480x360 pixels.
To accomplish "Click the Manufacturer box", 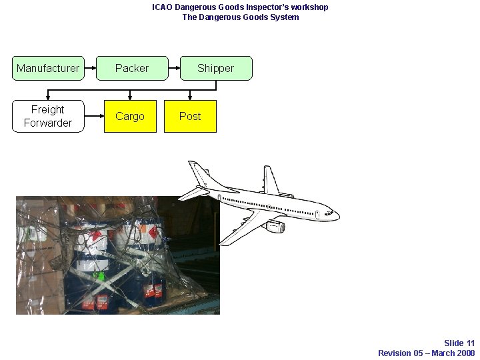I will click(x=48, y=68).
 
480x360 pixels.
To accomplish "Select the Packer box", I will click(x=132, y=68).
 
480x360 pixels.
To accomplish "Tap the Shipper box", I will click(x=215, y=68).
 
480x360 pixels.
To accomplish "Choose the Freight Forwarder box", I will click(x=48, y=116).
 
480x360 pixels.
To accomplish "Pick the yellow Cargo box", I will click(x=130, y=116).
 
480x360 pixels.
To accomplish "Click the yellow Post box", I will click(x=190, y=116).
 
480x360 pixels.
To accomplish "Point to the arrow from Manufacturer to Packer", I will click(x=91, y=68).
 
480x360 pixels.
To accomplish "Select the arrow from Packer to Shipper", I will click(x=174, y=68).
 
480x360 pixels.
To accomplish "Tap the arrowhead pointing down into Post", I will click(x=190, y=97).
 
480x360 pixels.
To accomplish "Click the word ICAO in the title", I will click(x=162, y=7).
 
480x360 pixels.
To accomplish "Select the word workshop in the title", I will click(x=311, y=7).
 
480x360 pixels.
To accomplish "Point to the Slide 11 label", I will click(x=459, y=343).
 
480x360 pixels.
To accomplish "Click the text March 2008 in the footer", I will click(x=453, y=353).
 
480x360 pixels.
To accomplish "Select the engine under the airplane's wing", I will click(x=274, y=227).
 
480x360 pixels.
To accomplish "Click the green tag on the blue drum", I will click(x=101, y=275).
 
